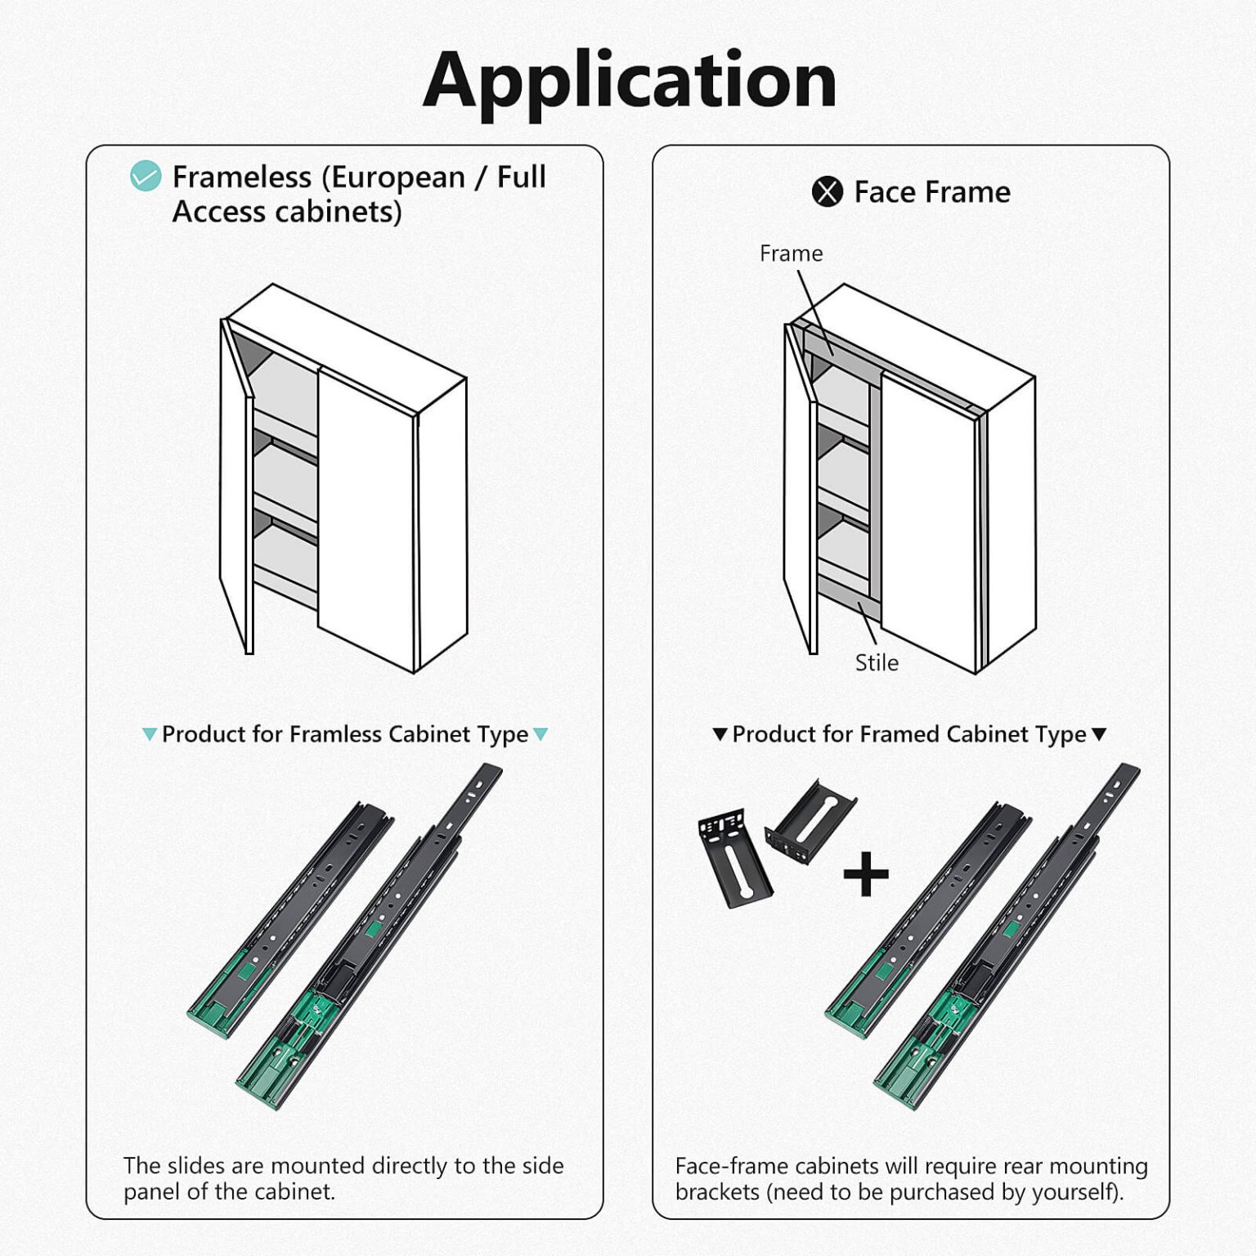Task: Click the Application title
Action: [x=630, y=82]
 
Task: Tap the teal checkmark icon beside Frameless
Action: [x=146, y=176]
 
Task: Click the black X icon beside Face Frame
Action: [x=827, y=192]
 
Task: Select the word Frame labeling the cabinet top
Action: [x=791, y=253]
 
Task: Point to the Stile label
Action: [x=877, y=662]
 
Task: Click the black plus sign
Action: [x=866, y=874]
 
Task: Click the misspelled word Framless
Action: [x=335, y=733]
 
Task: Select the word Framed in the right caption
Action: [x=901, y=733]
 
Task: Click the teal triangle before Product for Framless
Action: [x=150, y=734]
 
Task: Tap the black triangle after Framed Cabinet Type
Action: [x=1099, y=734]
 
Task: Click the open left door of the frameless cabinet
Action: [x=236, y=487]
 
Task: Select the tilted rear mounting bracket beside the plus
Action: [x=810, y=821]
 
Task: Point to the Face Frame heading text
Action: [x=932, y=192]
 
